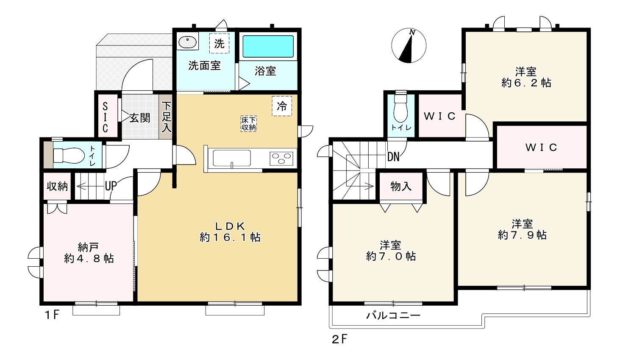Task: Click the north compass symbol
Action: click(x=409, y=46)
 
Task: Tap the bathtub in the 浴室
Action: click(x=267, y=47)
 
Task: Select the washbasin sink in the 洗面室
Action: click(x=187, y=42)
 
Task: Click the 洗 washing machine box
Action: click(x=219, y=43)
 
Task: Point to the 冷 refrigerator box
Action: click(x=282, y=106)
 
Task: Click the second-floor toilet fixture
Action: click(x=400, y=109)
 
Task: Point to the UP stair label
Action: click(x=111, y=185)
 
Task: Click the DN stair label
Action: click(x=393, y=157)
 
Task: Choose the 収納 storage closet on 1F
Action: click(x=57, y=186)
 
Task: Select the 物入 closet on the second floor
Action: click(x=401, y=186)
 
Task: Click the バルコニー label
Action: click(x=393, y=315)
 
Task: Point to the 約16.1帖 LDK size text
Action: click(x=230, y=237)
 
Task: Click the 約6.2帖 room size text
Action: click(x=526, y=83)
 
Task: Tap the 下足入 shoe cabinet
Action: click(x=166, y=117)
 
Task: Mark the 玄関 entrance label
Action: click(x=139, y=117)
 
